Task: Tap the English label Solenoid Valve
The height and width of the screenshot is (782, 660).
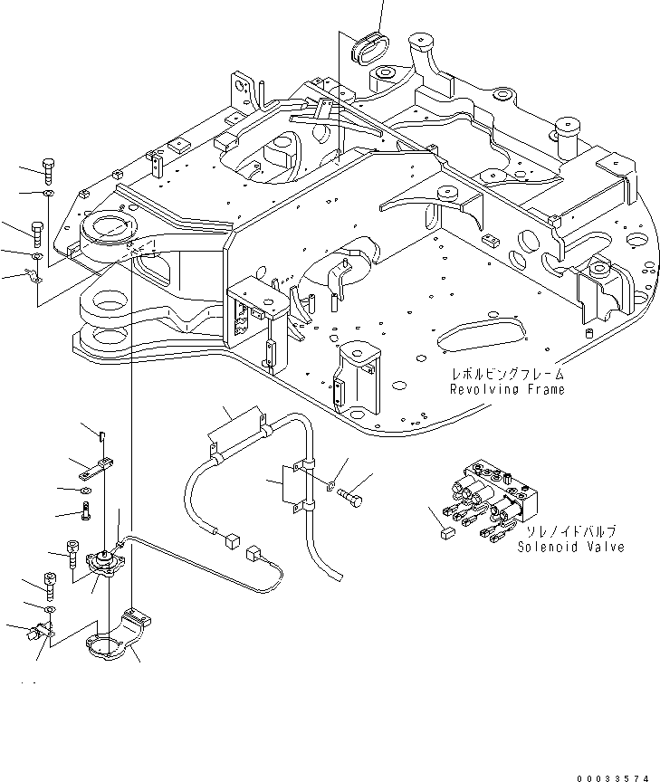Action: click(571, 548)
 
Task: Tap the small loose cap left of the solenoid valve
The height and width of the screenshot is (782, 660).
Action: click(445, 534)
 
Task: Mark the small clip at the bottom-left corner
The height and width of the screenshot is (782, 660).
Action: click(39, 633)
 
